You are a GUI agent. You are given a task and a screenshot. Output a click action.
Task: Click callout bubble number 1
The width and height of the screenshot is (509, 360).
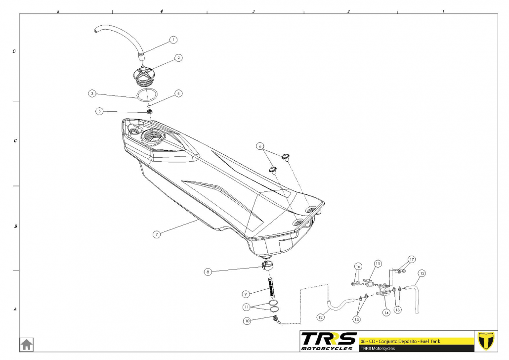(x=173, y=39)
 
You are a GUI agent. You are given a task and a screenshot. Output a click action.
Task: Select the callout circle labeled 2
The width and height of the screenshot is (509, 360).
(x=178, y=58)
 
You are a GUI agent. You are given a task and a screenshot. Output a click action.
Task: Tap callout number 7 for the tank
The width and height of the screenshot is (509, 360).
(x=157, y=234)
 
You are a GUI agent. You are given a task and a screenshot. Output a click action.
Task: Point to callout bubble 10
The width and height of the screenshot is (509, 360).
(x=247, y=320)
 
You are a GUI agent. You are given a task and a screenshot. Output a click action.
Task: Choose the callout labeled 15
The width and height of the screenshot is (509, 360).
(x=377, y=263)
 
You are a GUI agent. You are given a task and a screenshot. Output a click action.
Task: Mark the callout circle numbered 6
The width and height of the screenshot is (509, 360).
(x=260, y=146)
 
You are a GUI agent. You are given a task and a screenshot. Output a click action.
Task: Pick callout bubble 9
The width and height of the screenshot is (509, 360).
(x=245, y=293)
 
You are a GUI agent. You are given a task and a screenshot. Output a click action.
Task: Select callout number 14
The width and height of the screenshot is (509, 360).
(x=386, y=313)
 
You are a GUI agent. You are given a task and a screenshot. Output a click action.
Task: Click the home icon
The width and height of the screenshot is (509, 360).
(x=26, y=344)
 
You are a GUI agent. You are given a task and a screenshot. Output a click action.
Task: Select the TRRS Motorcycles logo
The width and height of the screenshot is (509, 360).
(x=329, y=341)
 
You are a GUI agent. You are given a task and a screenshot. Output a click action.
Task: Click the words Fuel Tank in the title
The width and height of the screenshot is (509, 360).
(x=436, y=341)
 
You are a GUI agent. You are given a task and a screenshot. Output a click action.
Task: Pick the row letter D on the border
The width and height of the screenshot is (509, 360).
(x=15, y=51)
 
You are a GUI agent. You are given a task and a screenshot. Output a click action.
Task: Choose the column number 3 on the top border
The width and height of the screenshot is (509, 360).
(x=254, y=10)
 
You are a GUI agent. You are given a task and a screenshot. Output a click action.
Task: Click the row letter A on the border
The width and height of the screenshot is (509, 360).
(x=15, y=310)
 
